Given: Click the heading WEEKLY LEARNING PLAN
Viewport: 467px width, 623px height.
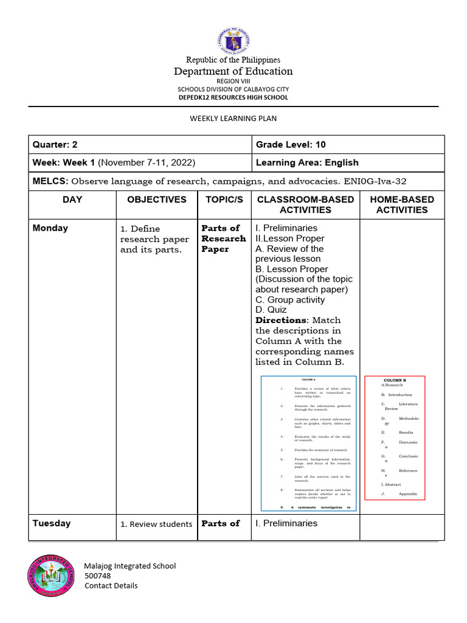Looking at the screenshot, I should coord(233,118).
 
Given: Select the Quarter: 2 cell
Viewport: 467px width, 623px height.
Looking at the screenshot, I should coord(55,144).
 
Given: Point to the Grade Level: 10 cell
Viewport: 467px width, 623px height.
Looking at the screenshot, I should coord(291,144).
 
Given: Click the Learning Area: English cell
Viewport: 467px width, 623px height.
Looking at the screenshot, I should coord(307,162).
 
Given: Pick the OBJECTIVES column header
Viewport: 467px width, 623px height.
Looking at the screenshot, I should coord(156,200).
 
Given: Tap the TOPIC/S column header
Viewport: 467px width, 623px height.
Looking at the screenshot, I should coord(224,200).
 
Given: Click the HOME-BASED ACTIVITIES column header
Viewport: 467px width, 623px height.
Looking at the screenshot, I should coord(401,204).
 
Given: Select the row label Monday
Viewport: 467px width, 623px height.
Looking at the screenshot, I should coord(50,228).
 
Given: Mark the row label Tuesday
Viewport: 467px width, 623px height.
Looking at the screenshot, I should coord(52,523).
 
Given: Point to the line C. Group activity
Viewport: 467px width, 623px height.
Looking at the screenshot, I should coord(290,299).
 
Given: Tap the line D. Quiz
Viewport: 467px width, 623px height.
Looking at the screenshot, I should coord(271,310).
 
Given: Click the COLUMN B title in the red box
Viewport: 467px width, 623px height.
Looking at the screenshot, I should coord(395,380).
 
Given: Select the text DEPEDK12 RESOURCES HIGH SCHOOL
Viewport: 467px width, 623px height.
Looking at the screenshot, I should coord(233,97).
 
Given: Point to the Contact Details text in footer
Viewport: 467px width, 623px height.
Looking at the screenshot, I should coord(111,585).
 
